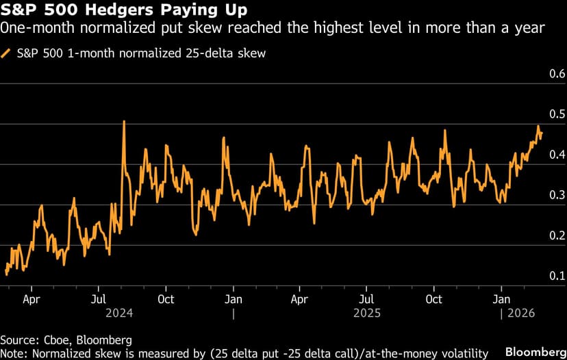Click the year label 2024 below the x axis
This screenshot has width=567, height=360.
[118, 313]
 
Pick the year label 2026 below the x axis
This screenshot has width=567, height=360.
[520, 313]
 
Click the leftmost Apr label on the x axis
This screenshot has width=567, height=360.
[31, 299]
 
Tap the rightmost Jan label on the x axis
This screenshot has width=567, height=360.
[502, 299]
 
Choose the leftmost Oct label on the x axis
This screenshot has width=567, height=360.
[165, 299]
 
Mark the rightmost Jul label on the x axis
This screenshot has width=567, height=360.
[367, 299]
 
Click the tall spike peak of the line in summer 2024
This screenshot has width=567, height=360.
[124, 121]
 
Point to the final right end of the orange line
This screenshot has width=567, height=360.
[542, 134]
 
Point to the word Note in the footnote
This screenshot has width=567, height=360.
[14, 353]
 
